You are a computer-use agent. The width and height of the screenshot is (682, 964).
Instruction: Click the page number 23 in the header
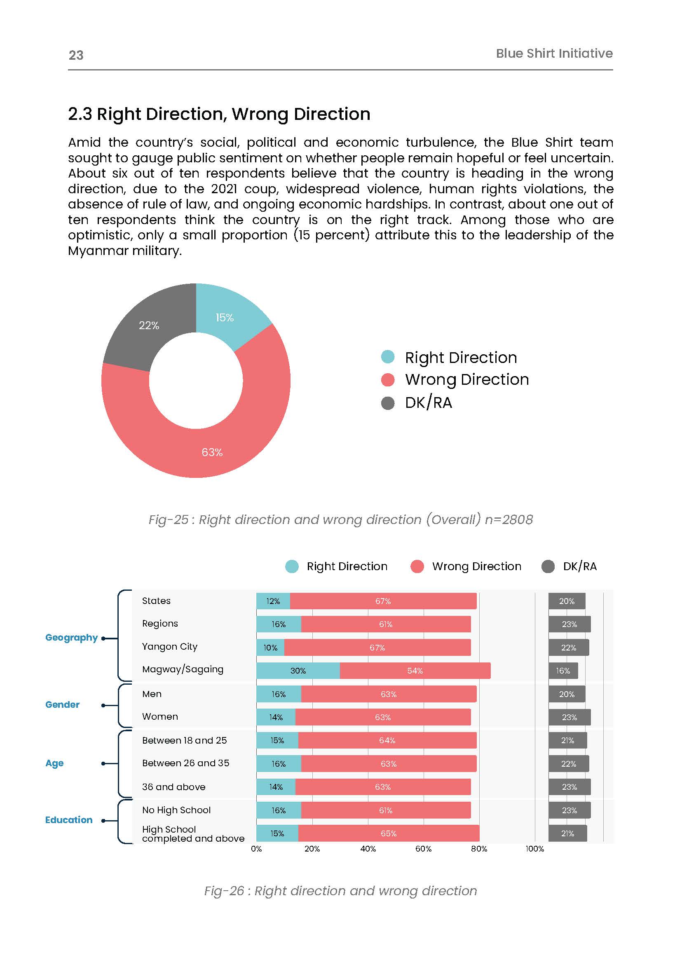(76, 55)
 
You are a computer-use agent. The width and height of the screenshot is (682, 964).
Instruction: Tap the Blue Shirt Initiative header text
(554, 53)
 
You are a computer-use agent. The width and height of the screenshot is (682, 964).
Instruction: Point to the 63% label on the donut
(212, 452)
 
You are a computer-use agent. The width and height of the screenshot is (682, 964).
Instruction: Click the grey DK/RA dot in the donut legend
(388, 402)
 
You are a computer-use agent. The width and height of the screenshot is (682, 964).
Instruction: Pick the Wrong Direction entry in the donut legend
(466, 379)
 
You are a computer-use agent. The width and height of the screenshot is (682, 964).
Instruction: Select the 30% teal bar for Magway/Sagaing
(298, 671)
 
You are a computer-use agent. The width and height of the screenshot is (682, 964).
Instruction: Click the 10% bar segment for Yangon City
(270, 648)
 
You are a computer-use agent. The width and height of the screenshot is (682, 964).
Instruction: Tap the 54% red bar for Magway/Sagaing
(415, 671)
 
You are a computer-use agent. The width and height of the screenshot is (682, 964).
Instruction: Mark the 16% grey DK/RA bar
(563, 671)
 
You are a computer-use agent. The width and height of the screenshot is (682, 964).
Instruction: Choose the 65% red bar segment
(389, 833)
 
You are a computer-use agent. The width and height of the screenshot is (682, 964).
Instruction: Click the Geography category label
(71, 637)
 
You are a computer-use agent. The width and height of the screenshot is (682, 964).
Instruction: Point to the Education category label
(69, 819)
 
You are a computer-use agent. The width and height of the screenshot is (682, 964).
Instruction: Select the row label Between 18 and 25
(184, 740)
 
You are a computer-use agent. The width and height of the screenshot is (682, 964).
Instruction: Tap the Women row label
(160, 716)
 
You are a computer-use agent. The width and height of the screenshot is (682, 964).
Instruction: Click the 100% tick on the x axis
(534, 849)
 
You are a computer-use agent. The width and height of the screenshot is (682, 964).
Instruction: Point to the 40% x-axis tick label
(368, 849)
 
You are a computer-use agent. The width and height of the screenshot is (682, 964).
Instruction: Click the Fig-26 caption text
(340, 891)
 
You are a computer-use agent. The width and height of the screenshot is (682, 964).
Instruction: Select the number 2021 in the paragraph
(224, 189)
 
